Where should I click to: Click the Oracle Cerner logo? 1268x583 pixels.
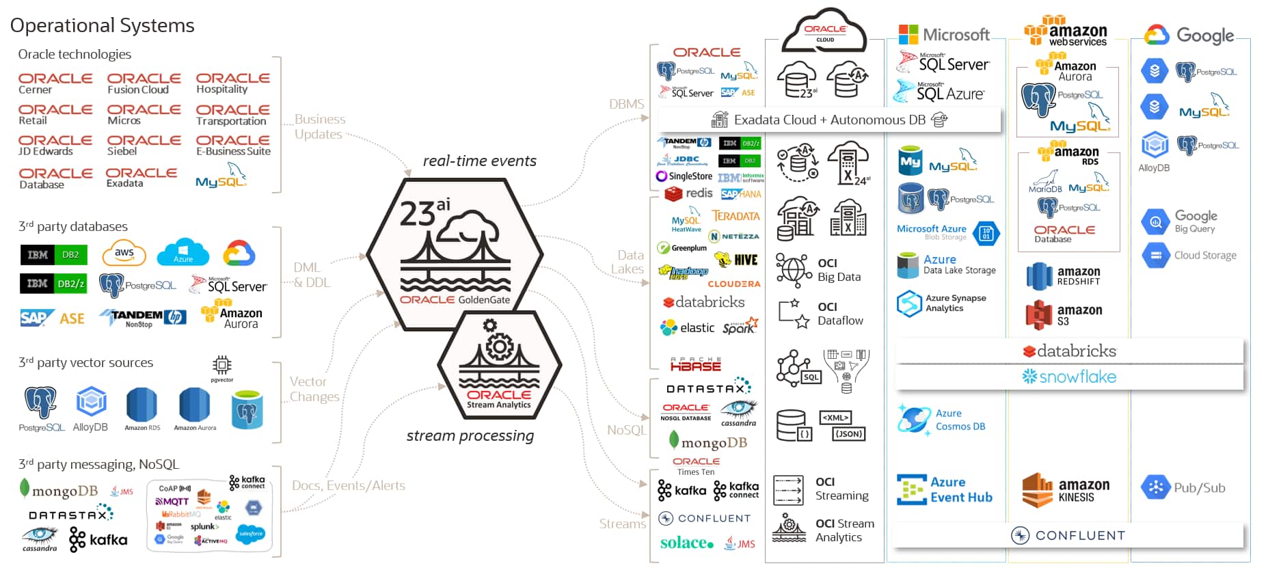tap(55, 83)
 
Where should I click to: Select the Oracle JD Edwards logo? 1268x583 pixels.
tap(55, 145)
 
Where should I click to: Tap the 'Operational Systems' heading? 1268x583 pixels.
tap(103, 25)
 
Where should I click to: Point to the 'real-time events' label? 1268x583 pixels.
tap(479, 161)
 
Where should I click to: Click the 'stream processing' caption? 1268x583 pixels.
tap(470, 435)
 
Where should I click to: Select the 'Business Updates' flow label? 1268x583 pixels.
tap(320, 126)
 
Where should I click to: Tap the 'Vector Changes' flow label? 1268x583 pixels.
tap(314, 389)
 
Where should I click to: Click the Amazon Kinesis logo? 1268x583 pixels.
tap(1066, 490)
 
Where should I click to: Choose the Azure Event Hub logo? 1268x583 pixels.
tap(944, 489)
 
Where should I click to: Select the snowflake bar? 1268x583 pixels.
tap(1069, 377)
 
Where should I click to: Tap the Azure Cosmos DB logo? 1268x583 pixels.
tap(943, 420)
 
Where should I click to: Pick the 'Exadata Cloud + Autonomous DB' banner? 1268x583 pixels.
tap(829, 120)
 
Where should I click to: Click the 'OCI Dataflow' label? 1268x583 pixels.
tap(840, 314)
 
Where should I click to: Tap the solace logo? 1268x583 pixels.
tap(687, 543)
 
